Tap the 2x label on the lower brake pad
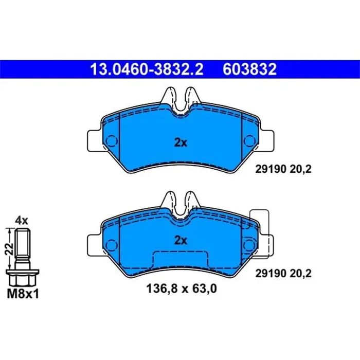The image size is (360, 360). click(180, 240)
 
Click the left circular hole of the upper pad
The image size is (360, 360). click(111, 140)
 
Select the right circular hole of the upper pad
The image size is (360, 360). click(248, 140)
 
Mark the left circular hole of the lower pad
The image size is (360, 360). click(111, 242)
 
